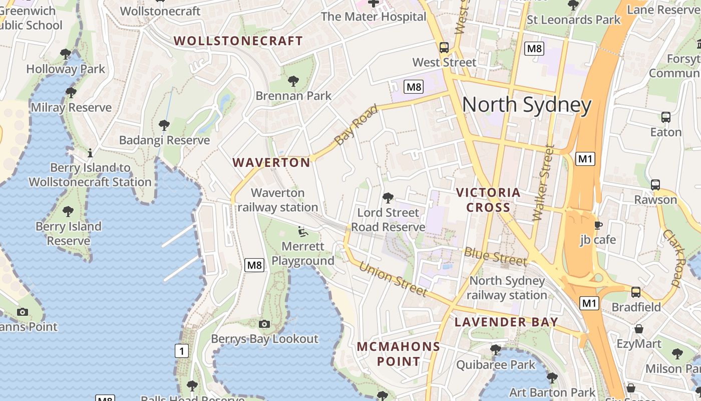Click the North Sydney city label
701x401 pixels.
526,105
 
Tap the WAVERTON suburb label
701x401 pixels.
271,162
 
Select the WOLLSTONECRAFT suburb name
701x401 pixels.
238,41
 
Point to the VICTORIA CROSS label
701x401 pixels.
488,200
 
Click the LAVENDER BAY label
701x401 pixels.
506,322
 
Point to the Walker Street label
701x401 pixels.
544,183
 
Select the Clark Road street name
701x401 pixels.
674,258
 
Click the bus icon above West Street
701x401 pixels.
444,48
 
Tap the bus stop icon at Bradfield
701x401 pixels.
636,292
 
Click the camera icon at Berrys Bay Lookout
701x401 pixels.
264,324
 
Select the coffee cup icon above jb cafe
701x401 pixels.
598,225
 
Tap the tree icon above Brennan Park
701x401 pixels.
293,81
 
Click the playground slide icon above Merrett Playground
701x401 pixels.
302,232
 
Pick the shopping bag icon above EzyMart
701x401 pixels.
639,329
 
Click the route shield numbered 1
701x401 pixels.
181,351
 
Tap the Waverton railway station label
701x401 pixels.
278,200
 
